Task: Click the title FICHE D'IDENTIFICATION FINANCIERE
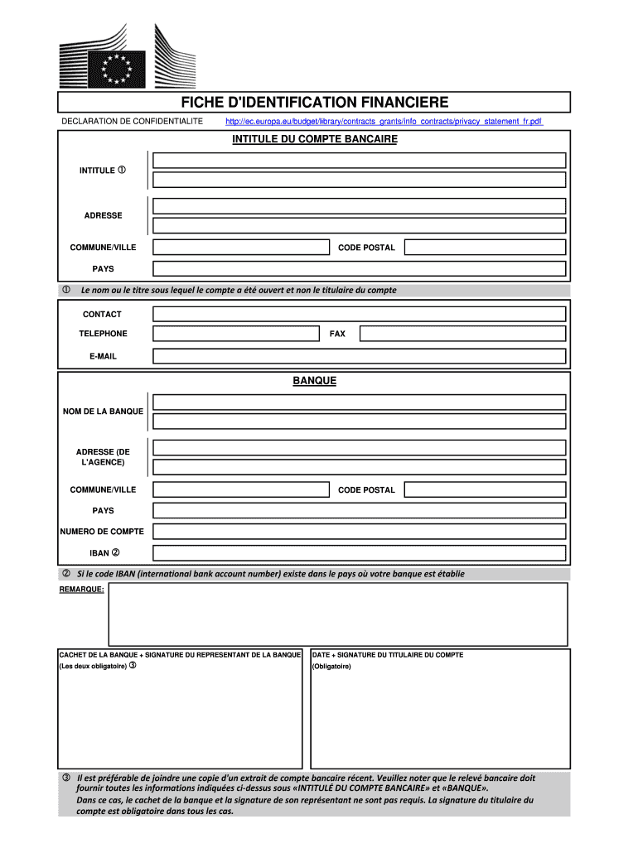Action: click(x=314, y=103)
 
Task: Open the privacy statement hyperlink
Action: click(x=384, y=122)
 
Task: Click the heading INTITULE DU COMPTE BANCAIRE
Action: click(x=314, y=139)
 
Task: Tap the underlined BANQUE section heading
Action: click(x=314, y=381)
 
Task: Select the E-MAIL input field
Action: click(x=359, y=356)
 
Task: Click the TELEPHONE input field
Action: click(x=235, y=334)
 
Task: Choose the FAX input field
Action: click(x=462, y=334)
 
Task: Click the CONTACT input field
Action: click(x=359, y=314)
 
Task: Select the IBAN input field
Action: click(x=359, y=553)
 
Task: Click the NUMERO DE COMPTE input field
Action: click(x=359, y=532)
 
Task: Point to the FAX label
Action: click(x=337, y=334)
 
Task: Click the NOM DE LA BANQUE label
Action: click(x=103, y=412)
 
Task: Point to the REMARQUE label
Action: click(x=81, y=590)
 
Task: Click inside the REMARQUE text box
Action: click(x=338, y=614)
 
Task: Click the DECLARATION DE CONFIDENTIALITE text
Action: click(x=133, y=122)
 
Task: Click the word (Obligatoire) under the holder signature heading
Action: click(x=331, y=667)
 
